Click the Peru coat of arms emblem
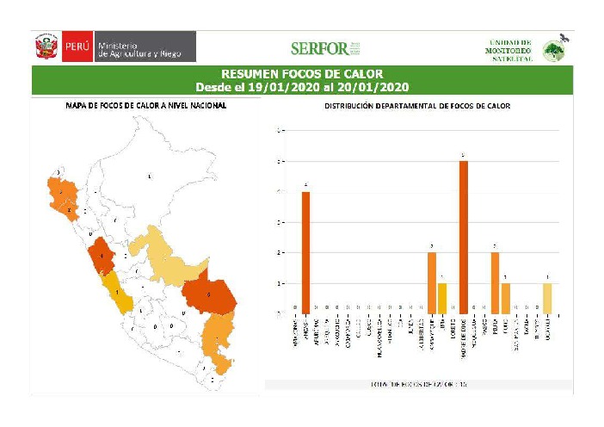46,46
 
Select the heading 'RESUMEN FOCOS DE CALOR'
301,74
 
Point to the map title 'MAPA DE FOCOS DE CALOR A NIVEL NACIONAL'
146,106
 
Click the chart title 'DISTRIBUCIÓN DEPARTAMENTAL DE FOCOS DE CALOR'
416,107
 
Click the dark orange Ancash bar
305,252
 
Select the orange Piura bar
495,282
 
